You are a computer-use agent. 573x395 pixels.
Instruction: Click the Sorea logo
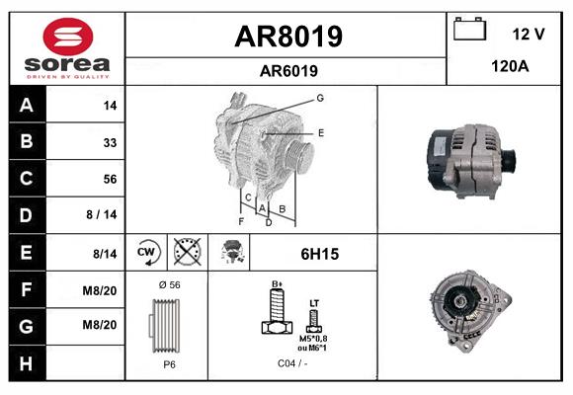[x=67, y=46]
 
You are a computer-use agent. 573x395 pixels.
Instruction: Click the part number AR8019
[x=287, y=37]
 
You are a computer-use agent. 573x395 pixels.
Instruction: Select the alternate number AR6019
[x=287, y=70]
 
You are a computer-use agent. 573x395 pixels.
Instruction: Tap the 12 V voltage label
[x=529, y=34]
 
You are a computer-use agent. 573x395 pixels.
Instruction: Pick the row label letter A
[x=27, y=105]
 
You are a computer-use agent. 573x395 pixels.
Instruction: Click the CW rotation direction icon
[x=147, y=254]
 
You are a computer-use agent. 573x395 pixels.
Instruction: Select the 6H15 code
[x=318, y=254]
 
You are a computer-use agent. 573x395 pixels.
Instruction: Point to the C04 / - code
[x=292, y=364]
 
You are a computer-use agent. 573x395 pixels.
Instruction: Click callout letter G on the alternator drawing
[x=320, y=98]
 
